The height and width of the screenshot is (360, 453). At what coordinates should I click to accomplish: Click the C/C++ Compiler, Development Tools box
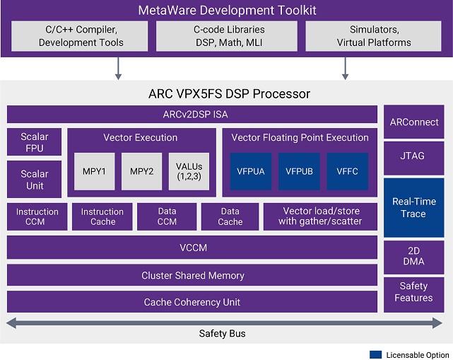pos(81,36)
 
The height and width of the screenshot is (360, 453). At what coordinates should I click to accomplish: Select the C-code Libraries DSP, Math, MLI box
pos(226,36)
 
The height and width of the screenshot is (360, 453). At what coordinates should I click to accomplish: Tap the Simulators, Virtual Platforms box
pos(372,36)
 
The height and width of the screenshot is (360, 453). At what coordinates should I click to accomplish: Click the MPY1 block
pos(94,171)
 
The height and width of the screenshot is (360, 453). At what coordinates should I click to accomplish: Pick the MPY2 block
pos(141,171)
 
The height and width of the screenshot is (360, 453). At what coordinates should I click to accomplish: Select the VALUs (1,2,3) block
pos(189,171)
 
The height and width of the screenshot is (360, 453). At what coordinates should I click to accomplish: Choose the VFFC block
pos(347,171)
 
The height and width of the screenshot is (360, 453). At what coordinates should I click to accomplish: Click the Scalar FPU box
pos(35,141)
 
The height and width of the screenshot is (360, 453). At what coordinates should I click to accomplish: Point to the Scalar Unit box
pos(35,180)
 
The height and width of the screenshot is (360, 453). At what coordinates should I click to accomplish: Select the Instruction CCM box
pos(37,216)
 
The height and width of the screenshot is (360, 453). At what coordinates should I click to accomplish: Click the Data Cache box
pos(230,216)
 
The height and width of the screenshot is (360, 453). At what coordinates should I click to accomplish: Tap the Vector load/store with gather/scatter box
pos(320,216)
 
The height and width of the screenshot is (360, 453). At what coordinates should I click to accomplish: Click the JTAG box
pos(413,156)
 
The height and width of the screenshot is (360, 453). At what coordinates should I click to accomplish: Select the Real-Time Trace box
pos(413,207)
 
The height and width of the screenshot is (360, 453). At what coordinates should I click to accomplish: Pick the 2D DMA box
pos(413,256)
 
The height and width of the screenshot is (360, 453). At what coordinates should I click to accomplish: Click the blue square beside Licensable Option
pos(375,354)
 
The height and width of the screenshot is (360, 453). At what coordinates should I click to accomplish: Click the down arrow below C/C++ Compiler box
pos(119,68)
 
